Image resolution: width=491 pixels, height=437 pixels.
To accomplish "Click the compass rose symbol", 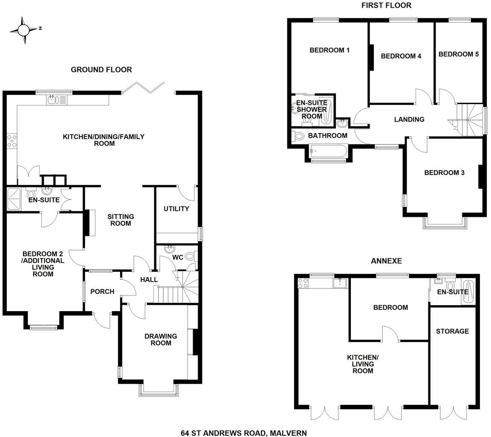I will click(x=24, y=30).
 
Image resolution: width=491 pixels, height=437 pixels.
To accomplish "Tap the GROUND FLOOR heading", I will click(x=101, y=70).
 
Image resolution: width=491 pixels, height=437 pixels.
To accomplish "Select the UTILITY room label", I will click(x=176, y=209).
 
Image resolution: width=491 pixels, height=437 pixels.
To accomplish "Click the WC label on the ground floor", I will click(x=177, y=258).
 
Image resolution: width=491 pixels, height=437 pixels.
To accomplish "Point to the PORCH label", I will click(x=102, y=291).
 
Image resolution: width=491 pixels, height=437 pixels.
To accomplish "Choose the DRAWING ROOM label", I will click(x=161, y=339).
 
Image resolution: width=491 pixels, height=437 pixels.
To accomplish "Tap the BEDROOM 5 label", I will click(x=458, y=54).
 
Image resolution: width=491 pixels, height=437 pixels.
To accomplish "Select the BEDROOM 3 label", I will click(x=444, y=173).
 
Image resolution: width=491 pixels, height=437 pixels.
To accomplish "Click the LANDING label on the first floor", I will click(x=409, y=119).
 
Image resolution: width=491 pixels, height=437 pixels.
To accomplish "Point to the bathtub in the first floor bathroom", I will click(x=329, y=151).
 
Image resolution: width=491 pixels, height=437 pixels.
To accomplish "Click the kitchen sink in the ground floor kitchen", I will click(x=53, y=100).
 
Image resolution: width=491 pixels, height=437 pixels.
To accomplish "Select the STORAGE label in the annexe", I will click(x=452, y=331).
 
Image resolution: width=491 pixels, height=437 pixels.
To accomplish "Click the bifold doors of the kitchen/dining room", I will click(x=144, y=87).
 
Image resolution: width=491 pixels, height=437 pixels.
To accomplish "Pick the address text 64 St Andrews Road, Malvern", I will click(x=243, y=433).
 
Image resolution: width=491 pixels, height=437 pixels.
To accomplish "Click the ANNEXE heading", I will click(x=386, y=261).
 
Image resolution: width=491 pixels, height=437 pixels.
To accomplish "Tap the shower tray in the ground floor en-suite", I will click(x=15, y=199).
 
